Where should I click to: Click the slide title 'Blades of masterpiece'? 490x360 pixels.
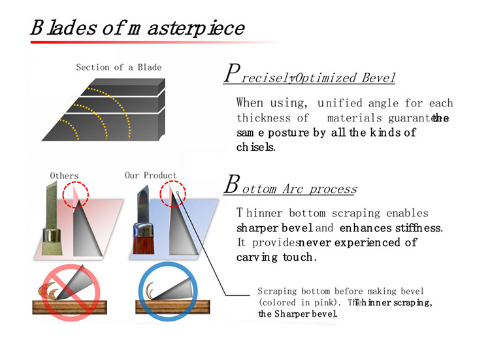pyautogui.click(x=137, y=28)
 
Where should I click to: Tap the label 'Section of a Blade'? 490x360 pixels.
pyautogui.click(x=118, y=67)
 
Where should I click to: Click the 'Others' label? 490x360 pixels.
pyautogui.click(x=64, y=175)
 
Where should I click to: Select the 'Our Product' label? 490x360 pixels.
pyautogui.click(x=150, y=175)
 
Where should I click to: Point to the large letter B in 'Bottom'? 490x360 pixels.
pyautogui.click(x=231, y=184)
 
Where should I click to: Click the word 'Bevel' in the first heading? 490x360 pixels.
pyautogui.click(x=378, y=78)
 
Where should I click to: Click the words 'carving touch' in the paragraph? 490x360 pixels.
pyautogui.click(x=276, y=257)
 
